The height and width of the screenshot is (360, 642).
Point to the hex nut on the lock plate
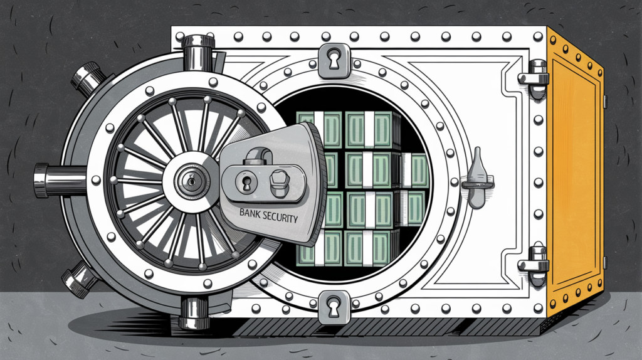pyautogui.click(x=278, y=183)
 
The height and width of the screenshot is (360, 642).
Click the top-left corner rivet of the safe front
pyautogui.click(x=177, y=32)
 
